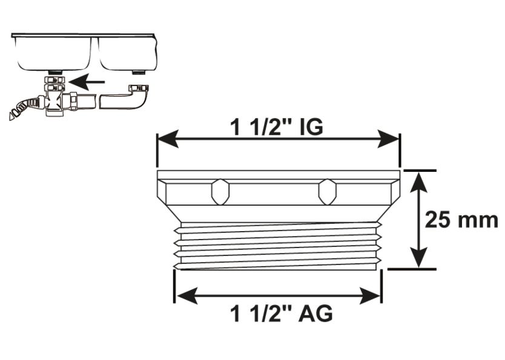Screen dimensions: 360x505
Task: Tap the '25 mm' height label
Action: pos(461,219)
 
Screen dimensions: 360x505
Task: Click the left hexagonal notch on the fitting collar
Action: pos(220,192)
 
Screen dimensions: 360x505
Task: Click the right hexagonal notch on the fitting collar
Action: pos(327,192)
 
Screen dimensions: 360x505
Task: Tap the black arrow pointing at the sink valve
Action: pos(85,80)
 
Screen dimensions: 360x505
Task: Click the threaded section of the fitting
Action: pos(277,246)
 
